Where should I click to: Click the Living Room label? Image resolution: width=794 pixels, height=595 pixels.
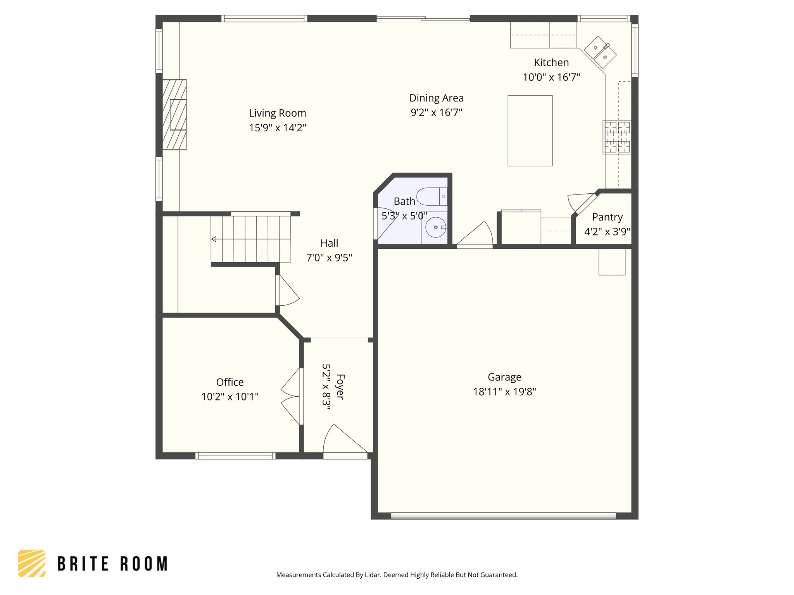tap(277, 113)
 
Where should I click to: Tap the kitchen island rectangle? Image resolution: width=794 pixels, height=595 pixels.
tap(530, 131)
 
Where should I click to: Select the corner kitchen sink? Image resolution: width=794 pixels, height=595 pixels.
tap(600, 52)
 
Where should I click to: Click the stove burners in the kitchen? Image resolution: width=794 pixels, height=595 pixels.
tap(617, 137)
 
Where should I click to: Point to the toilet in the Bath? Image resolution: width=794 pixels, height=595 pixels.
tap(431, 196)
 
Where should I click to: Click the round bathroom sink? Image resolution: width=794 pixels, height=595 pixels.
tap(435, 227)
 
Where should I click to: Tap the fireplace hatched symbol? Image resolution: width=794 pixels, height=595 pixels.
tap(174, 115)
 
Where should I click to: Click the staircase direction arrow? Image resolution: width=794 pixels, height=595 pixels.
tap(214, 239)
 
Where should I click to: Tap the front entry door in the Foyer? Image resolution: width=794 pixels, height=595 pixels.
tap(344, 442)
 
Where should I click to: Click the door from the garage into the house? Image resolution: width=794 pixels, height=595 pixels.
tap(475, 236)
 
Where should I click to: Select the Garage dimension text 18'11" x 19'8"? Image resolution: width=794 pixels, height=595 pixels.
tap(504, 392)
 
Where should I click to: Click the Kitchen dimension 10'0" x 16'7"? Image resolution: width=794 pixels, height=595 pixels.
tap(551, 77)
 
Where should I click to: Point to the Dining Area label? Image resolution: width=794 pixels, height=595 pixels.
tap(436, 98)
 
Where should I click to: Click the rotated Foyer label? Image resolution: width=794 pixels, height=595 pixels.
tap(340, 386)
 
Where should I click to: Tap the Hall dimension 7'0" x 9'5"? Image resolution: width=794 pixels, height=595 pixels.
tap(329, 258)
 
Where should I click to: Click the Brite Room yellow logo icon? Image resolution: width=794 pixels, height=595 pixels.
tap(32, 563)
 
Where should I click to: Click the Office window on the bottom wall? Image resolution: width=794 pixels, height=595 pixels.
tap(235, 456)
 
